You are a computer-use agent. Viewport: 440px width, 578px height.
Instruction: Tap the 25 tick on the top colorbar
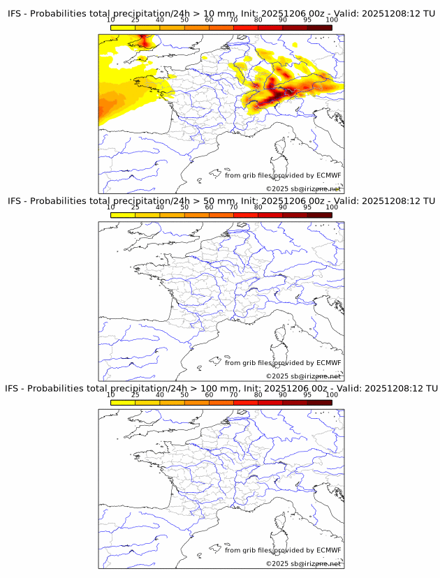coord(135,20)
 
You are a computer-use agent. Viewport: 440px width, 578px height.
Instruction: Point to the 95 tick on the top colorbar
coord(307,20)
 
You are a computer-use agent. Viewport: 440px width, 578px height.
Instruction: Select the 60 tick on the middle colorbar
coord(209,207)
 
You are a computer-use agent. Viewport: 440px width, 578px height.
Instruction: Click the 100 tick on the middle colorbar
coord(332,207)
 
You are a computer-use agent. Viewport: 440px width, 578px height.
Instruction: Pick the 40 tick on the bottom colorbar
coord(160,395)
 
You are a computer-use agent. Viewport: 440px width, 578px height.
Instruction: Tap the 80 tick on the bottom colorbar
coord(258,395)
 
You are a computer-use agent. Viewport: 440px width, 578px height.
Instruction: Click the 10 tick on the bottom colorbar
coord(110,395)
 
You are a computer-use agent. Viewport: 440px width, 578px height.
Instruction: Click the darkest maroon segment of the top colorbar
coord(319,27)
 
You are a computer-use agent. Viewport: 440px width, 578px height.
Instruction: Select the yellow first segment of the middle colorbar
coord(123,215)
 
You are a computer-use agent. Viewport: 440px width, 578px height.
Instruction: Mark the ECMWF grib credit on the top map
coord(283,175)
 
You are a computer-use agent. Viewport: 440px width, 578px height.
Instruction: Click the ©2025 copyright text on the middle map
coord(303,376)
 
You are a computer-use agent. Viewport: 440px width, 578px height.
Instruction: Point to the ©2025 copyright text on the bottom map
coord(303,563)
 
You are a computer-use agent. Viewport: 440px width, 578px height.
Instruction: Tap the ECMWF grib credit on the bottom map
coord(283,550)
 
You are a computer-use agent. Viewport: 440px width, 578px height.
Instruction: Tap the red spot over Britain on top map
coord(144,43)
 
